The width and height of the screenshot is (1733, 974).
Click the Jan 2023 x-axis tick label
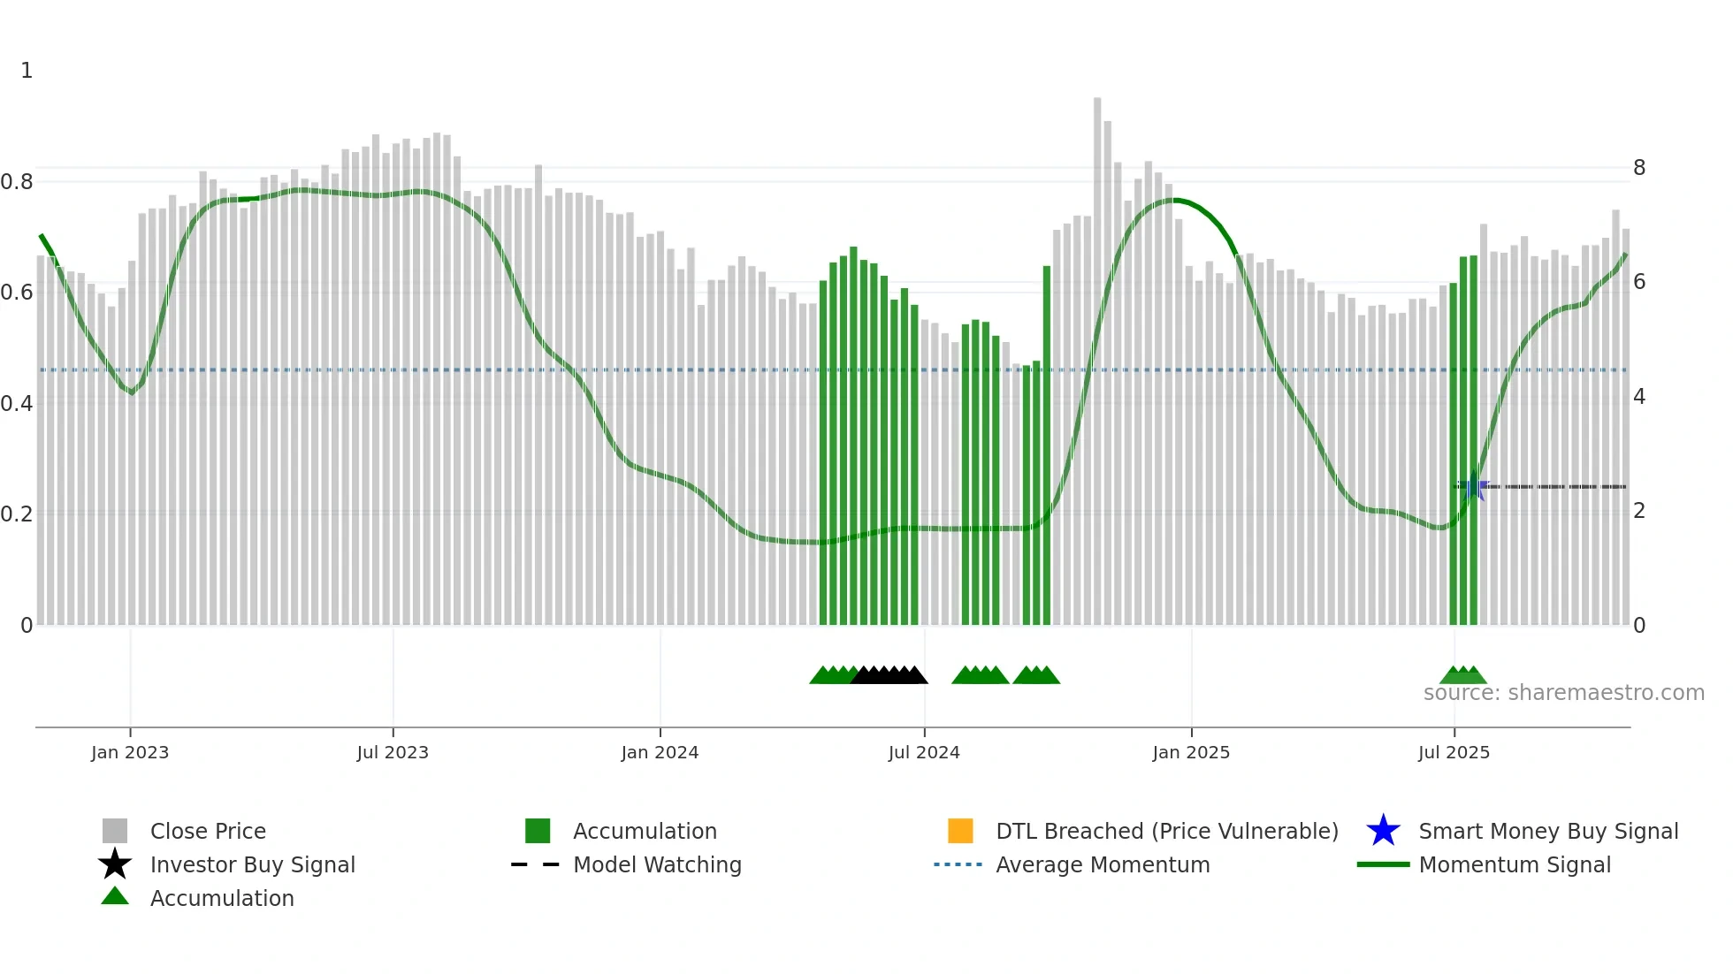coord(129,752)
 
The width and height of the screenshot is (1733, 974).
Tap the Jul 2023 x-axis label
coord(393,752)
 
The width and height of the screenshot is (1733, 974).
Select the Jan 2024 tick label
coord(660,752)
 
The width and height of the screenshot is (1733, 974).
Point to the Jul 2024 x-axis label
coord(924,752)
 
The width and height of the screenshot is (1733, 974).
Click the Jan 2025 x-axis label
coord(1191,752)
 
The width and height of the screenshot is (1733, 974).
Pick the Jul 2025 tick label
coord(1454,752)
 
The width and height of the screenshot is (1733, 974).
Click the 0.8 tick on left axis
coord(17,182)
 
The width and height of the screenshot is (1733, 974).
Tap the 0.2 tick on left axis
coord(17,514)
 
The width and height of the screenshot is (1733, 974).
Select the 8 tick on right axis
coord(1639,168)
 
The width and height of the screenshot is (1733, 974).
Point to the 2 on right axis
coord(1639,511)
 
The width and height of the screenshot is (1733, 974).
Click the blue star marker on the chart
coord(1473,487)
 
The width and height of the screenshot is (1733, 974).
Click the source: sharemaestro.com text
coord(1563,693)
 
